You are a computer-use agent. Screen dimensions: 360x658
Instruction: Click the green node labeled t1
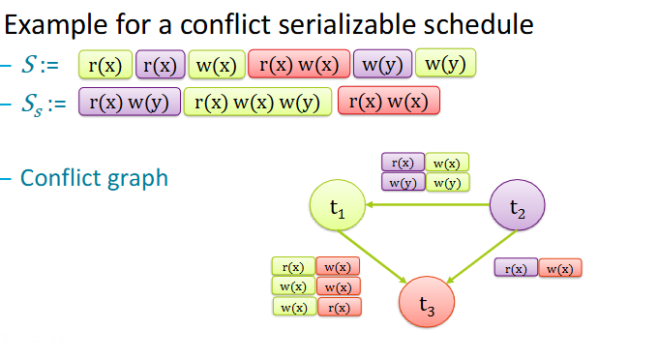(337, 206)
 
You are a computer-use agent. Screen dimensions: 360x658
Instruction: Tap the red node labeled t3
(427, 301)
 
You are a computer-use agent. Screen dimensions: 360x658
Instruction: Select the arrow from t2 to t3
(475, 253)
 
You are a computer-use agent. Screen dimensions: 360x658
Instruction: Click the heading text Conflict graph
(94, 178)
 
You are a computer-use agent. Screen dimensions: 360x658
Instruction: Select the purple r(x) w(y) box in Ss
(130, 102)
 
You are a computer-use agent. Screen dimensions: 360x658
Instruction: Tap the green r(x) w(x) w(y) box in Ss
(258, 102)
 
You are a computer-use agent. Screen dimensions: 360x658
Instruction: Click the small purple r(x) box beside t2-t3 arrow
(514, 268)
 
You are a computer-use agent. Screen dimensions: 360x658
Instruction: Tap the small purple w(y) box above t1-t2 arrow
(403, 182)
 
